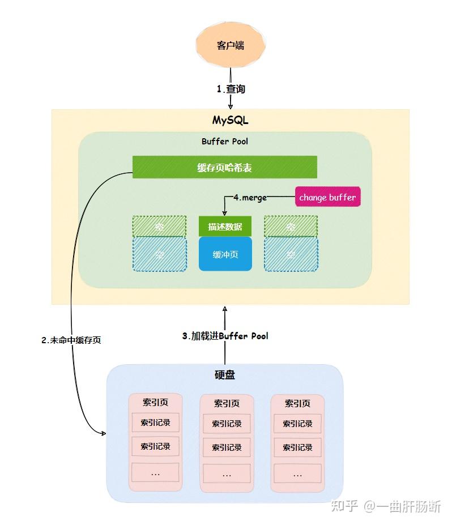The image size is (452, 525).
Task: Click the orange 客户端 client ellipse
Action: tap(231, 45)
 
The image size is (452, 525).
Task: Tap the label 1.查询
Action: tap(231, 89)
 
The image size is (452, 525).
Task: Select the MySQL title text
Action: tap(231, 120)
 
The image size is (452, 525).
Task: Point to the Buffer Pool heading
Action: tap(225, 141)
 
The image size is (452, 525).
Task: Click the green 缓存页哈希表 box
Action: tap(225, 167)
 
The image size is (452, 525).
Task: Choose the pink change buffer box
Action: tap(327, 197)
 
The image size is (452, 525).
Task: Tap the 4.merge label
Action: tap(250, 198)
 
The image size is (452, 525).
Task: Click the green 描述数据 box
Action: tap(225, 227)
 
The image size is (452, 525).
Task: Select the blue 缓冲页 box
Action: tap(225, 254)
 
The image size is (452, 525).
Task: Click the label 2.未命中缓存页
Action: tap(71, 340)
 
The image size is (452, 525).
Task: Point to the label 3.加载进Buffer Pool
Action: tap(225, 336)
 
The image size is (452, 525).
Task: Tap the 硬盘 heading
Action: tap(225, 375)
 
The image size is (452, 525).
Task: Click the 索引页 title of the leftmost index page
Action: tap(155, 402)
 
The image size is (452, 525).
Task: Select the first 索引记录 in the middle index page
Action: tap(227, 424)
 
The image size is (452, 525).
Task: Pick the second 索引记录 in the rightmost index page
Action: tap(297, 447)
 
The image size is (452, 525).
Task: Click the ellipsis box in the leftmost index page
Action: tap(155, 472)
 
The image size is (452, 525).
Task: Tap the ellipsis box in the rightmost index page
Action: tap(297, 473)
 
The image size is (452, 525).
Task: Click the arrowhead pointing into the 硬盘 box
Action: tap(104, 433)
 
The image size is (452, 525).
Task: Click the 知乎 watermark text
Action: tap(344, 506)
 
